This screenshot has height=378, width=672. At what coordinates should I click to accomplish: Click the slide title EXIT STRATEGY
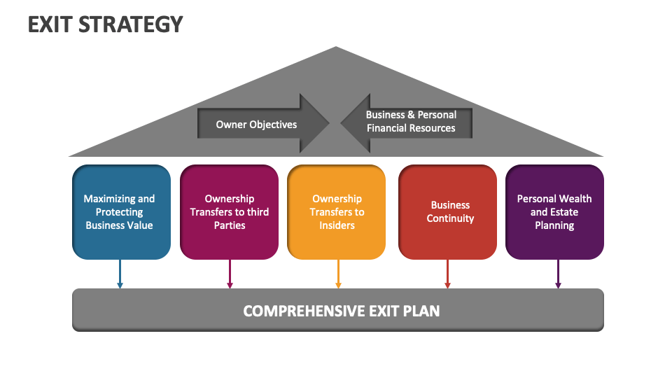(x=105, y=24)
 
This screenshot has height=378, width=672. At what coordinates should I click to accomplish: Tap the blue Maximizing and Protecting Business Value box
(x=120, y=212)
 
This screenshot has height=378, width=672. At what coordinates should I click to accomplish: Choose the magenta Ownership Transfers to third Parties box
(x=229, y=212)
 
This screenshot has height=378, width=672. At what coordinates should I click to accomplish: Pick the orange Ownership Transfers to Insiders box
(x=337, y=212)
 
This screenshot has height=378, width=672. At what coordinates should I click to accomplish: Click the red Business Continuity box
(x=447, y=212)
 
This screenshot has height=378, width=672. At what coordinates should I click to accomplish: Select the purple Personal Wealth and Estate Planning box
(x=554, y=212)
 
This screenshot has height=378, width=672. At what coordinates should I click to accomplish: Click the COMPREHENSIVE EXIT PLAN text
(x=341, y=310)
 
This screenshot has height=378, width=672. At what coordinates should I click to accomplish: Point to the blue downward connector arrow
(x=120, y=274)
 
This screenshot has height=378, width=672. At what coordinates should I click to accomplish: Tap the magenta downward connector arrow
(x=230, y=274)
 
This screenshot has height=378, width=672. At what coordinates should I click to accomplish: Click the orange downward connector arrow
(x=338, y=274)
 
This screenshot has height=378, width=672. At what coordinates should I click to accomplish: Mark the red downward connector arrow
(x=447, y=274)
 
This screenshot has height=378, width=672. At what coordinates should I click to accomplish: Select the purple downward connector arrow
(x=558, y=274)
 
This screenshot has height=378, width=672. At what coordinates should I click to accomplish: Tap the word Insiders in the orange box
(x=337, y=225)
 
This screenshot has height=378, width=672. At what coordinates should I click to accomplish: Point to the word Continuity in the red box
(x=451, y=218)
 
